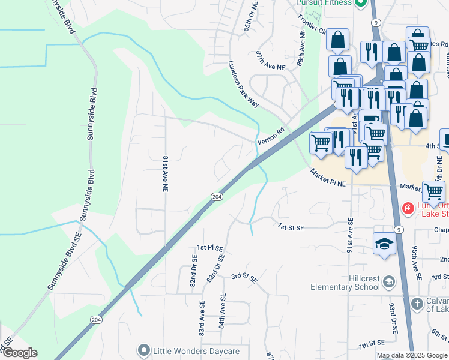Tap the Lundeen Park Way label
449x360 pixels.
243,84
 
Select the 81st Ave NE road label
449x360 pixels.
164,174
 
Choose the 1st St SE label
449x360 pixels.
292,227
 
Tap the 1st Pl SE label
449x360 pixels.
210,247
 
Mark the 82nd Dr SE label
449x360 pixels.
194,272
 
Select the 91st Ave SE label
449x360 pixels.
349,235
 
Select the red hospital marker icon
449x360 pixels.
408,209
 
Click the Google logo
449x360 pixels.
19,353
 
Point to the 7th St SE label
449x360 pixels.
371,346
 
